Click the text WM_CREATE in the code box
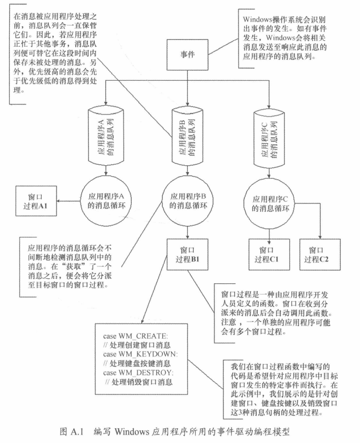pos(146,336)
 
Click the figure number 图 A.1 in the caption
pos(69,433)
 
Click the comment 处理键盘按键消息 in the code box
pos(143,363)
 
